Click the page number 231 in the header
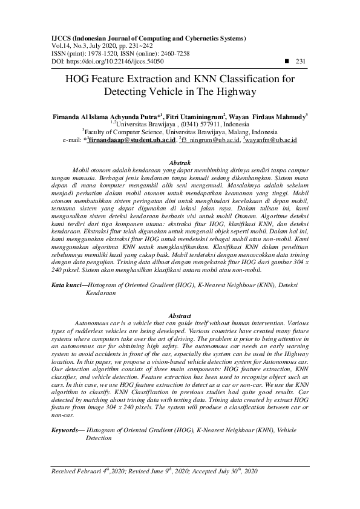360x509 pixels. (x=301, y=61)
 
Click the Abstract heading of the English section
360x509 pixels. (x=180, y=316)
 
